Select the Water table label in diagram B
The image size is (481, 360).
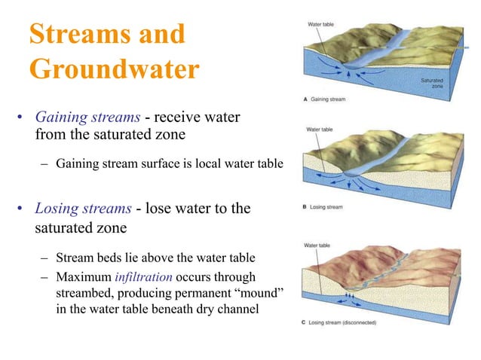(320, 130)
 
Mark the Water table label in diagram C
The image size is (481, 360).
(318, 246)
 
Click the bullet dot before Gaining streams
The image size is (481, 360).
(20, 119)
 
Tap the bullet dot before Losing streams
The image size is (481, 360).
(20, 209)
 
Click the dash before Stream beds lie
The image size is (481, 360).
(44, 261)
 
